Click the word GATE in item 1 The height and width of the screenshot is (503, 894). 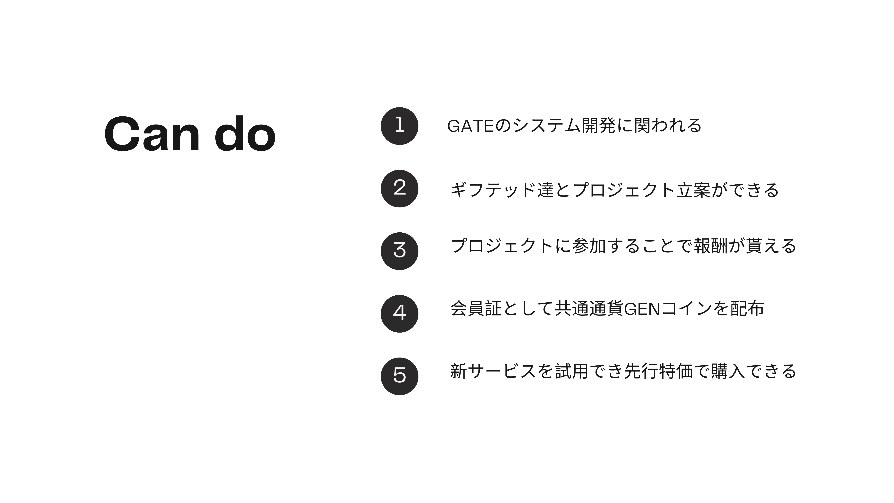(470, 126)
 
